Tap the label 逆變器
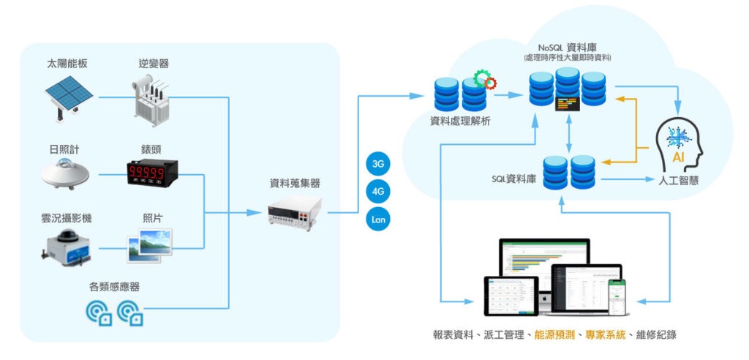click(154, 64)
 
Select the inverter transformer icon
click(154, 98)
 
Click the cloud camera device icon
click(67, 245)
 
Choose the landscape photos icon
click(152, 245)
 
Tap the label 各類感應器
click(114, 287)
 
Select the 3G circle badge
click(378, 165)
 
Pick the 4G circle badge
click(378, 192)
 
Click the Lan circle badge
click(378, 220)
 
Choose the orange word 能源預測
click(554, 334)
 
